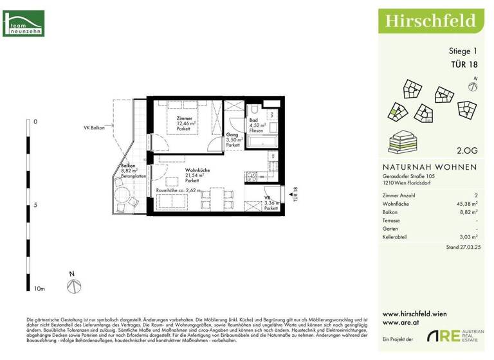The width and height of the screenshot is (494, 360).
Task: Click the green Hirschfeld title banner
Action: [x=430, y=21]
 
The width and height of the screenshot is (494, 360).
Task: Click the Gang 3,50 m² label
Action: [x=233, y=139]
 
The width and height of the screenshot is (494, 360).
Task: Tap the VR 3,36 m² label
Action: [x=271, y=204]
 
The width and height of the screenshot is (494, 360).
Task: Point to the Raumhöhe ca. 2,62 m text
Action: [x=178, y=191]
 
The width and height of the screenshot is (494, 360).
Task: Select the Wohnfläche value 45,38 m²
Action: [x=466, y=203]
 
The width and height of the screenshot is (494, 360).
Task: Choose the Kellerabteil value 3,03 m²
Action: [x=468, y=237]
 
